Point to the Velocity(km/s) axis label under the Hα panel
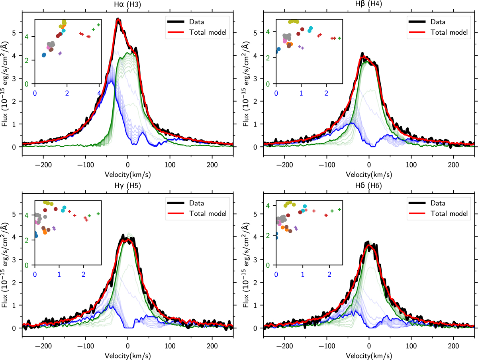[127, 175]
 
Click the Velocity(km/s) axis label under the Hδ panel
[368, 356]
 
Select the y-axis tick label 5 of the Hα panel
[15, 33]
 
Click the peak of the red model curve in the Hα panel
[118, 20]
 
